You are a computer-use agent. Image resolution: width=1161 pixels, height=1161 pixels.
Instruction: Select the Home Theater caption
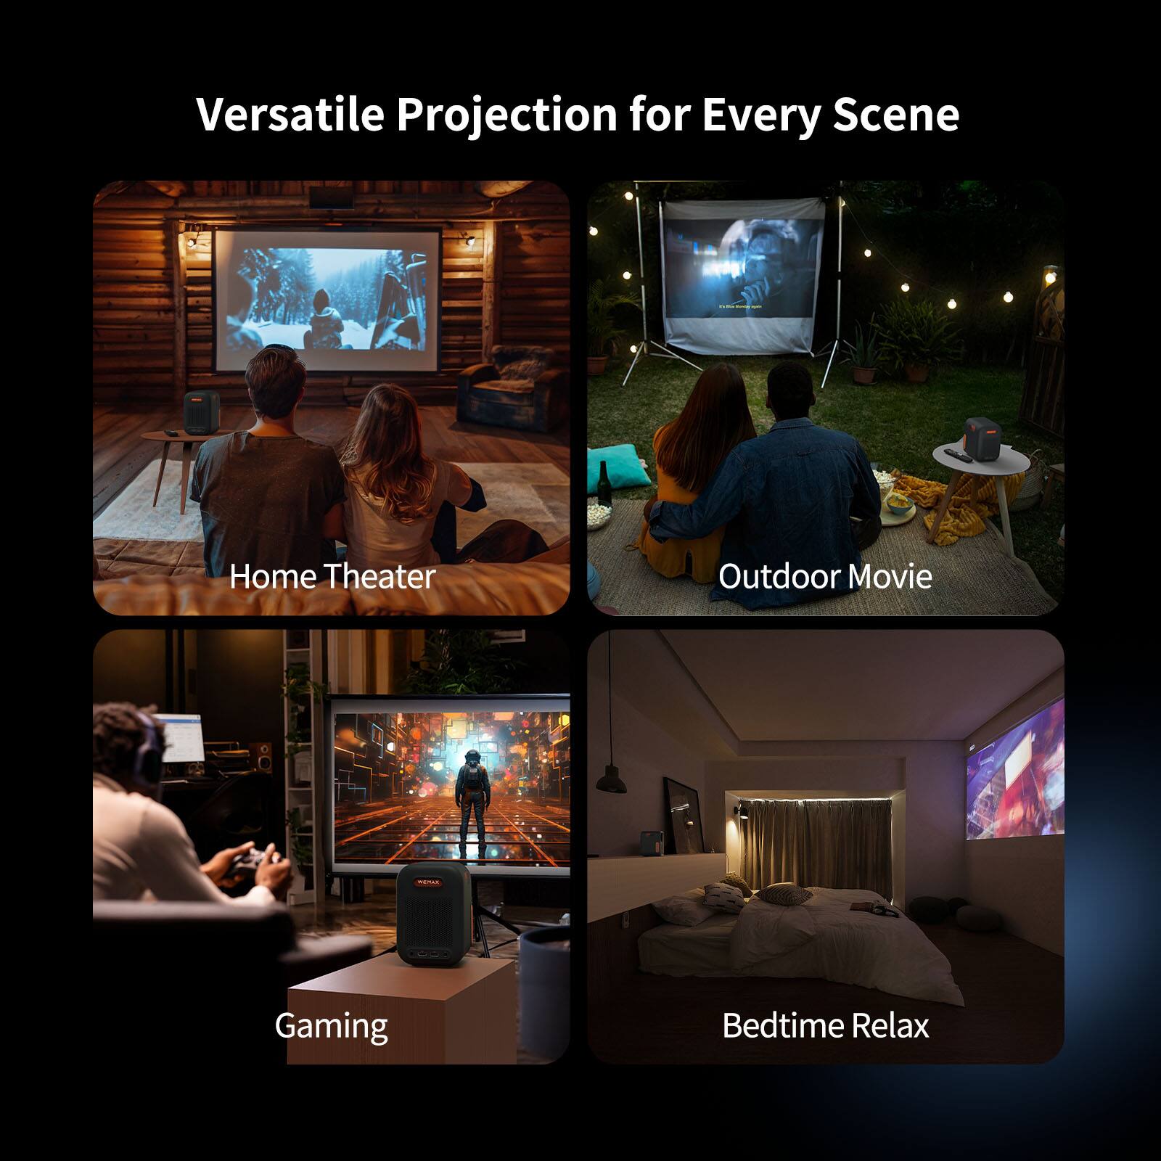click(332, 577)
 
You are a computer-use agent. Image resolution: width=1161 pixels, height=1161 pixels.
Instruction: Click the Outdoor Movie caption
click(825, 577)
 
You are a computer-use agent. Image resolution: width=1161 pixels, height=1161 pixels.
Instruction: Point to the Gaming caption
click(331, 1025)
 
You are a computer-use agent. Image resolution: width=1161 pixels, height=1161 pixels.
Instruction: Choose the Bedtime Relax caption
click(825, 1025)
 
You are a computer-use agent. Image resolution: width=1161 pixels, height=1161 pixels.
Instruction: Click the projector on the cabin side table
click(201, 414)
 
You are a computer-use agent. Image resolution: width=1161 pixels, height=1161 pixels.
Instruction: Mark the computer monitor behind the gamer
click(179, 737)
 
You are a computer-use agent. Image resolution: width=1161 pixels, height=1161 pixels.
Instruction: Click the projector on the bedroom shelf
click(651, 842)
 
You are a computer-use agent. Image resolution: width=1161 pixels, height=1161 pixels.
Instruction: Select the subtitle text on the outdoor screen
click(740, 306)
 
